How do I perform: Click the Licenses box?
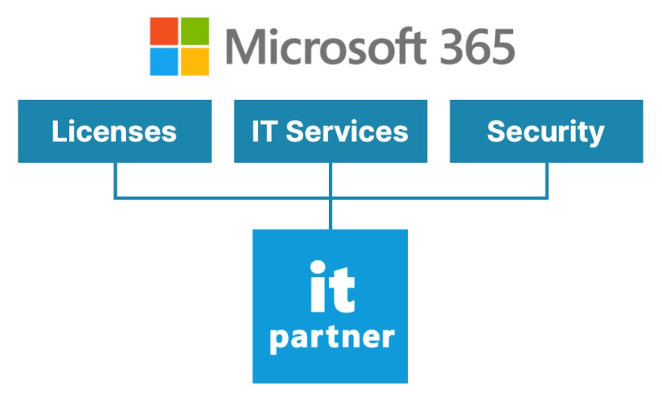[x=114, y=131]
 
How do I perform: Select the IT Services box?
[x=330, y=131]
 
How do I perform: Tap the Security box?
[x=546, y=131]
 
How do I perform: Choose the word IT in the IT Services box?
[x=263, y=131]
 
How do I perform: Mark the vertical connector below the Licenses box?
[x=115, y=179]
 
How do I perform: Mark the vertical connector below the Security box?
[x=547, y=179]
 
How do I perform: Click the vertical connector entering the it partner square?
[x=331, y=213]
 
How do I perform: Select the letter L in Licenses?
[x=59, y=131]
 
